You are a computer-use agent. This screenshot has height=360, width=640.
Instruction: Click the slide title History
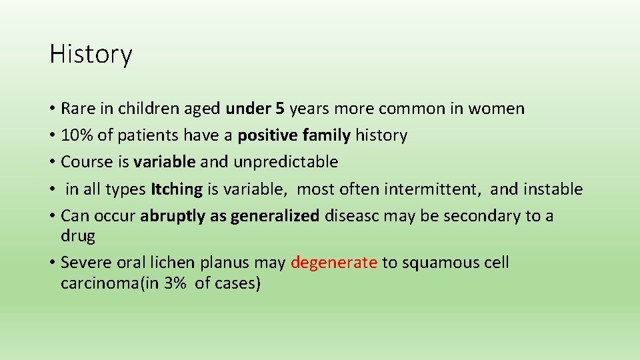(91, 54)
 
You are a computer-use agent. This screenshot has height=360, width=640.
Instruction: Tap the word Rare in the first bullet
(75, 108)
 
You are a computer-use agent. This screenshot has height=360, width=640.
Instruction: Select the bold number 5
(282, 108)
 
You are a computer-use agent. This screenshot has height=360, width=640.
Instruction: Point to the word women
(496, 108)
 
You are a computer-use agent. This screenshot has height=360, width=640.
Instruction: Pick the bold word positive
(267, 135)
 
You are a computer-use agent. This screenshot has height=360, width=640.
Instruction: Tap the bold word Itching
(177, 189)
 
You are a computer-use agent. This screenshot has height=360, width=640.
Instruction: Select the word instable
(553, 189)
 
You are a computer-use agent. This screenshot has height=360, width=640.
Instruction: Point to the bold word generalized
(275, 216)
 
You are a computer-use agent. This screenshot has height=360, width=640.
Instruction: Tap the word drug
(77, 236)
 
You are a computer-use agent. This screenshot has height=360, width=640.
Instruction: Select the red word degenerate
(334, 263)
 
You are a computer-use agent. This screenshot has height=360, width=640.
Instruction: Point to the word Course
(83, 162)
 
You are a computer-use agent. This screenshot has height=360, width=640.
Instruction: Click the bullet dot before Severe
(52, 263)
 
